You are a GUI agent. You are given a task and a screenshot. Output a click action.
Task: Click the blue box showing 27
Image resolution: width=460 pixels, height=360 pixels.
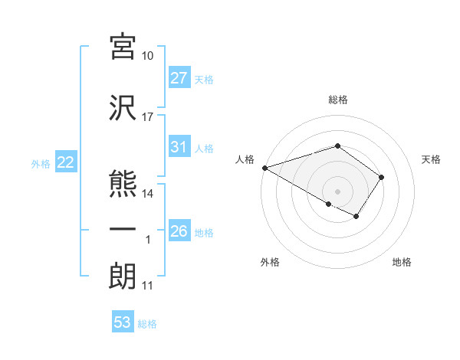(x=179, y=78)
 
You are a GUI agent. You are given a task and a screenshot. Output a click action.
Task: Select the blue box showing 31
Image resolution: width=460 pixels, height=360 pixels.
(x=179, y=148)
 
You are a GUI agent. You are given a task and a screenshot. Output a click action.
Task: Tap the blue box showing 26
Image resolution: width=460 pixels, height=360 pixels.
(x=179, y=231)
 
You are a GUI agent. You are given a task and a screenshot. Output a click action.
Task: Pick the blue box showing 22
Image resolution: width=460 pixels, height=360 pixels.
(x=65, y=162)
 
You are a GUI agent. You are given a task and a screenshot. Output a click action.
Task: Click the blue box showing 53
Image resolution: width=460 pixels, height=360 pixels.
(x=123, y=322)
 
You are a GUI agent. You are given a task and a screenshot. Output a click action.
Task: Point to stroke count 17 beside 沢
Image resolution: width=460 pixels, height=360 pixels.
(x=148, y=117)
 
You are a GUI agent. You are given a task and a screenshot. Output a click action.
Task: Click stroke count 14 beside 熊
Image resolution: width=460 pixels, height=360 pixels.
(x=148, y=194)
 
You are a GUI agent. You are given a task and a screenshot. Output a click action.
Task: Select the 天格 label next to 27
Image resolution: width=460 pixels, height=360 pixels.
(x=204, y=79)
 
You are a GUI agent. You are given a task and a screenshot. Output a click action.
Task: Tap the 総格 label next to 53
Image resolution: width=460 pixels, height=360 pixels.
(x=147, y=324)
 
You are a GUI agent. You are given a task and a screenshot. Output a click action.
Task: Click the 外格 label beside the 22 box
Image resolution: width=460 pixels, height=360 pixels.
(x=40, y=163)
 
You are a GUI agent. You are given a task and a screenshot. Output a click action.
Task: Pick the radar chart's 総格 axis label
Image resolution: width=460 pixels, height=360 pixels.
(x=337, y=100)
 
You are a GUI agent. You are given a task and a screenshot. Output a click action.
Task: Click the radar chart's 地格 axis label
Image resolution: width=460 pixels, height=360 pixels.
(x=402, y=262)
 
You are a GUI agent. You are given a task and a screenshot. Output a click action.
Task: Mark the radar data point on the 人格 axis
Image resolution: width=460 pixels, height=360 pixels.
(x=264, y=168)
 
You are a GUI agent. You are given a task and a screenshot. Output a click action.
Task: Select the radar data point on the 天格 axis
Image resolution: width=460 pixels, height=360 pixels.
(x=382, y=177)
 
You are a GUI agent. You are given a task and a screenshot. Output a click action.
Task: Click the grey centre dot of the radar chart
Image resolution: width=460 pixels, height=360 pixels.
(x=337, y=191)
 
